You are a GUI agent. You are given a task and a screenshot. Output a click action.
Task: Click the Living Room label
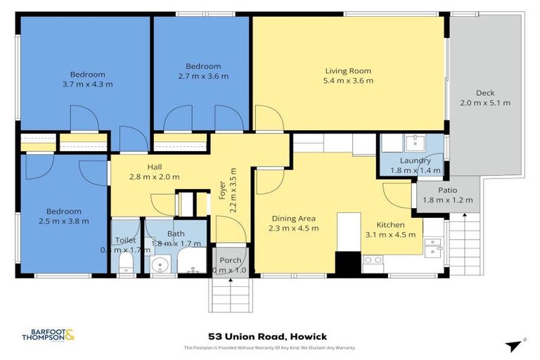pyautogui.click(x=348, y=70)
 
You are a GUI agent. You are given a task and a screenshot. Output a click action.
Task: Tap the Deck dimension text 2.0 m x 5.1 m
pyautogui.click(x=484, y=103)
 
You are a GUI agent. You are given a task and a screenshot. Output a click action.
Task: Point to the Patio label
pyautogui.click(x=447, y=190)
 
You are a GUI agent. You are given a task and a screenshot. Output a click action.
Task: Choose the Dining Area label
pyautogui.click(x=295, y=218)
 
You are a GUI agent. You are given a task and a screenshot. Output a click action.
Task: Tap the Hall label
pyautogui.click(x=155, y=167)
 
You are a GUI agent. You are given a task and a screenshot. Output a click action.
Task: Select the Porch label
pyautogui.click(x=230, y=260)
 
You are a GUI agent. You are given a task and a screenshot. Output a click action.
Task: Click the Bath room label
pyautogui.click(x=175, y=234)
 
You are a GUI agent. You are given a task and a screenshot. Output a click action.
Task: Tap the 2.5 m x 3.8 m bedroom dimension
pyautogui.click(x=63, y=221)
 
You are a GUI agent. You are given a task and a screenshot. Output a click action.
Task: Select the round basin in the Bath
pyautogui.click(x=159, y=266)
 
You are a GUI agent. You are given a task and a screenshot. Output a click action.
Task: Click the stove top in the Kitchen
pyautogui.click(x=372, y=260)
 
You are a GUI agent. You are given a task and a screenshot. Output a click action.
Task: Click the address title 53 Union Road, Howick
pyautogui.click(x=267, y=336)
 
